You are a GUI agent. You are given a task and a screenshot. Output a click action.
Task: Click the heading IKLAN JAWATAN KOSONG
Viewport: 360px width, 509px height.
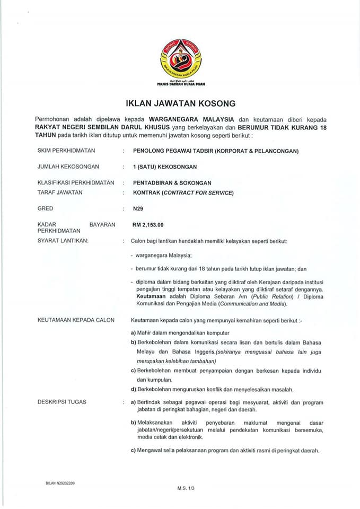[180, 103]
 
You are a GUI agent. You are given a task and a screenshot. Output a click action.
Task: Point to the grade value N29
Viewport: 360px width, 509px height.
[138, 208]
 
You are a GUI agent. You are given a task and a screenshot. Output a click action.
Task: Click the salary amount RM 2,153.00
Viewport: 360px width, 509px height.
[149, 225]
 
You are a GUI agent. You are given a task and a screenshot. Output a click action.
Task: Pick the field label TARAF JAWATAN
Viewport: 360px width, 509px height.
[60, 192]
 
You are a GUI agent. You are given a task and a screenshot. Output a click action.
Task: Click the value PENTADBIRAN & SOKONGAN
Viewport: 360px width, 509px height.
[172, 182]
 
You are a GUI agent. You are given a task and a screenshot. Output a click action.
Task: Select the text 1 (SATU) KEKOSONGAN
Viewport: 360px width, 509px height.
[164, 166]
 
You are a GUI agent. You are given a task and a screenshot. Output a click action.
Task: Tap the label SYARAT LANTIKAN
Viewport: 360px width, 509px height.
[63, 241]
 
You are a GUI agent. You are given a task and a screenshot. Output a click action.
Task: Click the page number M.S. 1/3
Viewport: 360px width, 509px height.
[183, 487]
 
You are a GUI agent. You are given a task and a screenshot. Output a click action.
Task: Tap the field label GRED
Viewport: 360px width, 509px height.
[45, 208]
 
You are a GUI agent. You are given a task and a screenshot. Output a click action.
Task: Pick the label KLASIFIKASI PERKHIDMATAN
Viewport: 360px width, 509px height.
[76, 182]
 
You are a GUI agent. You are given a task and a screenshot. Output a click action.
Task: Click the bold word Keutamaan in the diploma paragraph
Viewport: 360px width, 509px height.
[151, 297]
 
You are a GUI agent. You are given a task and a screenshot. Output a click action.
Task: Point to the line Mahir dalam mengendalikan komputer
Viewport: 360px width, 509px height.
[181, 332]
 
